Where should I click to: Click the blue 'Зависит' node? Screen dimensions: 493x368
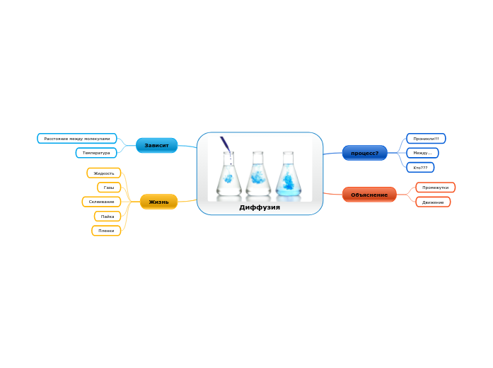[x=156, y=145]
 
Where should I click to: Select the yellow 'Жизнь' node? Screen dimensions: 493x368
[x=158, y=202]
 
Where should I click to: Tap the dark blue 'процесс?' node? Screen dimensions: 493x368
[x=364, y=153]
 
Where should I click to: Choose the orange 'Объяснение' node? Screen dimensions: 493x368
[x=369, y=195]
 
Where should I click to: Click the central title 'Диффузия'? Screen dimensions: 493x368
[x=260, y=207]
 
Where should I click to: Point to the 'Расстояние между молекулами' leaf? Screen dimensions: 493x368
[x=77, y=139]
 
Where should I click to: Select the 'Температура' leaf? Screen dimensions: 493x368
[x=96, y=153]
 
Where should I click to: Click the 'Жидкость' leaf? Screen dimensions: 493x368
[x=104, y=173]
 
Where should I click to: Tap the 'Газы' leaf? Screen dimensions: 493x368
[x=109, y=188]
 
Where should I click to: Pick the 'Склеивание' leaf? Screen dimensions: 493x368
[x=101, y=202]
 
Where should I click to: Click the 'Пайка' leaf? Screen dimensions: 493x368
[x=108, y=217]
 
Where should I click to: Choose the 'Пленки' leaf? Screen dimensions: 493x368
[x=106, y=231]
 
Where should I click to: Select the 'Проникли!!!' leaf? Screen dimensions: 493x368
[x=426, y=139]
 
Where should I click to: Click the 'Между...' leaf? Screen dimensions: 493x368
[x=422, y=153]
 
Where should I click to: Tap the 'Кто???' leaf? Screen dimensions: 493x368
[x=420, y=167]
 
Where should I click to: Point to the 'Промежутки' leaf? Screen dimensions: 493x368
[x=435, y=188]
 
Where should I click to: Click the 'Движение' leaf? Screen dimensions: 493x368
[x=433, y=202]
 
